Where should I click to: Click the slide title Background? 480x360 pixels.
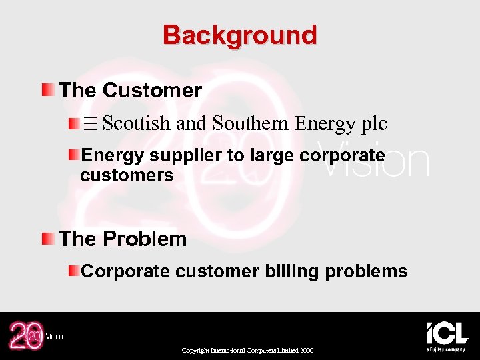(x=240, y=35)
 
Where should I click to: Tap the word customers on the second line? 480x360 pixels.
(x=127, y=175)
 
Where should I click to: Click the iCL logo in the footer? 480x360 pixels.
(x=447, y=333)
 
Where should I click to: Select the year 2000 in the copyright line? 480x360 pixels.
(x=307, y=351)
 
